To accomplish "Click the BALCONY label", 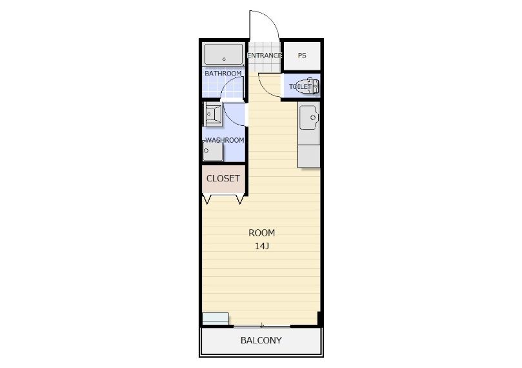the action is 261,340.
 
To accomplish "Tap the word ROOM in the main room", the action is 262,233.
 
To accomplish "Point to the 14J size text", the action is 262,247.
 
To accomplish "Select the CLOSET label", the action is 223,178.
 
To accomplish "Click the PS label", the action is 302,56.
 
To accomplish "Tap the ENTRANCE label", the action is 265,56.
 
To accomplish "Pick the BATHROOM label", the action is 223,73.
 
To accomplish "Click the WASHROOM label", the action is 225,140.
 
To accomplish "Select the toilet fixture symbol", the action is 307,87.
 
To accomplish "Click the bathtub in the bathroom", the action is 224,54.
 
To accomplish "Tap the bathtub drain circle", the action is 224,59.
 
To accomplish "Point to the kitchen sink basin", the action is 308,118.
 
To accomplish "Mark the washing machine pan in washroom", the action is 213,152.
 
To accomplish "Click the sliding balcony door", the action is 262,325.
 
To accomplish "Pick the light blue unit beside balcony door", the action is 216,318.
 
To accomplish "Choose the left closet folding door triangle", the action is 206,199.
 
